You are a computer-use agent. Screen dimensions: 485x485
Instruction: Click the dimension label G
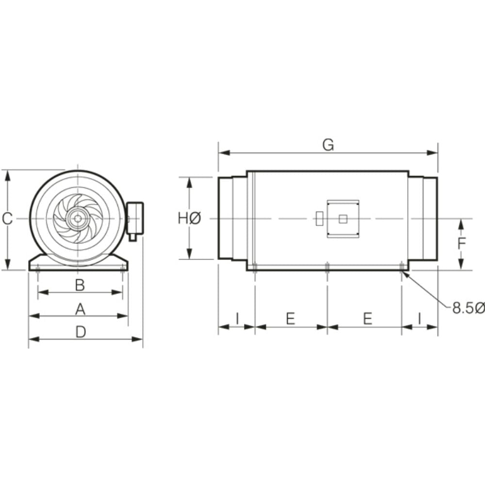coord(328,145)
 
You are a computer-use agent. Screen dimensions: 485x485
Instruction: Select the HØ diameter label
coord(189,219)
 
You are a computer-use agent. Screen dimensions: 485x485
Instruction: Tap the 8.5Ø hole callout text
coord(468,308)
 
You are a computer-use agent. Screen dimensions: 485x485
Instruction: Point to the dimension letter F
coord(462,243)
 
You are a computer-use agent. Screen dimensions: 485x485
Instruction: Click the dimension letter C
coord(7,219)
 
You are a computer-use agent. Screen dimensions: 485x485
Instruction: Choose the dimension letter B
coord(80,285)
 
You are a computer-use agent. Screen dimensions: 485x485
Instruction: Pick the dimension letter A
coord(80,308)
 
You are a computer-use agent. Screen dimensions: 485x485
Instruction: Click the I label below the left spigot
coord(237,319)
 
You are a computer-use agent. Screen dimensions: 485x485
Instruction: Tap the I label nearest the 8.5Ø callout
coord(420,319)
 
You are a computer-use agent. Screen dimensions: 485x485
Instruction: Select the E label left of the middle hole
coord(290,319)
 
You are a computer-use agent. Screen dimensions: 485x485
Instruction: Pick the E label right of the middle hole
coord(368,319)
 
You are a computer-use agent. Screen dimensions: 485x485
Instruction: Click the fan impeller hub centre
coord(77,219)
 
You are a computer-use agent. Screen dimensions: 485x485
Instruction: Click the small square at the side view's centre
coord(343,219)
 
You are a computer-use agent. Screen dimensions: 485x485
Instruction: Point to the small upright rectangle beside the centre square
coord(319,219)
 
